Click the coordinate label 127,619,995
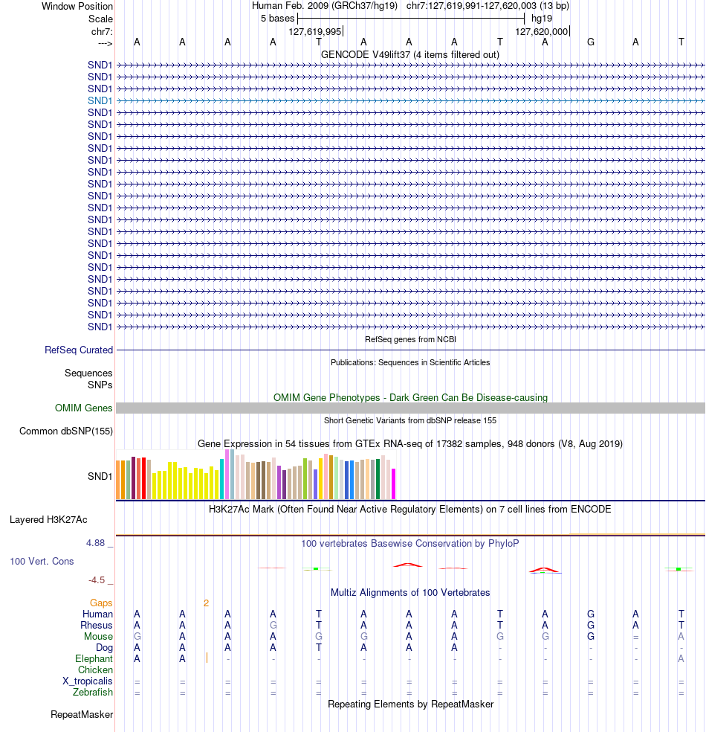click(x=314, y=31)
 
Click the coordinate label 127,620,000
click(x=542, y=31)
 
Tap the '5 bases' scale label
click(x=277, y=18)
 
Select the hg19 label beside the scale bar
click(x=541, y=18)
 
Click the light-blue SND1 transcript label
click(x=100, y=100)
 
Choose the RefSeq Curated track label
click(x=79, y=350)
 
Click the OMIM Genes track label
click(x=84, y=408)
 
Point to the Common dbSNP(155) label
click(x=66, y=431)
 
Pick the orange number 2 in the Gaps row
click(x=206, y=603)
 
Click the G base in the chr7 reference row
click(x=591, y=42)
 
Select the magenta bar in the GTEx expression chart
click(x=393, y=484)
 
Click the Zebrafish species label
click(x=93, y=693)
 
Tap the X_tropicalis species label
click(x=88, y=681)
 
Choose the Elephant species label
click(x=94, y=658)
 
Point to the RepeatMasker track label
click(x=82, y=715)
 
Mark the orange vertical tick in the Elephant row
click(x=207, y=658)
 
